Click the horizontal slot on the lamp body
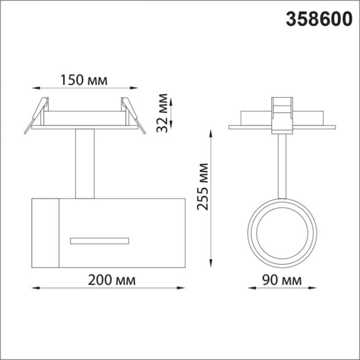(100, 239)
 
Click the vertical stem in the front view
(85, 163)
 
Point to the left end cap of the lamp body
(45, 233)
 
